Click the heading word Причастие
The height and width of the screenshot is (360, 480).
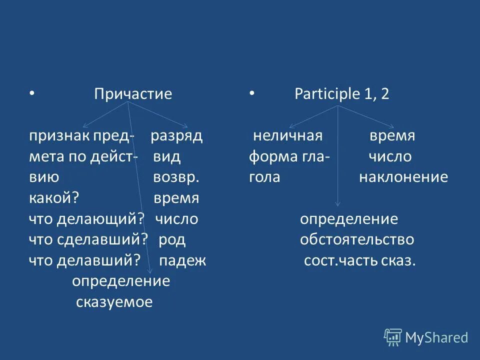click(133, 94)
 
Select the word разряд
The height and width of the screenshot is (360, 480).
click(176, 136)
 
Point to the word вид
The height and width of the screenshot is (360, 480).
click(167, 157)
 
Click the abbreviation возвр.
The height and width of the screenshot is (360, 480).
click(176, 177)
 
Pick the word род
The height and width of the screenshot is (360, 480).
click(172, 239)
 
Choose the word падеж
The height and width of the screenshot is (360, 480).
click(182, 260)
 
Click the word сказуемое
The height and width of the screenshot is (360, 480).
click(114, 302)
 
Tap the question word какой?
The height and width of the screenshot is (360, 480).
click(54, 198)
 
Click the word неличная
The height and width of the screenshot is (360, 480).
click(287, 136)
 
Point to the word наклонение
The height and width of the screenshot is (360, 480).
click(403, 177)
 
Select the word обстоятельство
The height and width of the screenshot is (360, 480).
click(357, 239)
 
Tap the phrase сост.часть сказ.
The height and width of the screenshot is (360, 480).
click(360, 260)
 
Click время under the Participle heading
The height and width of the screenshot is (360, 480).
click(392, 136)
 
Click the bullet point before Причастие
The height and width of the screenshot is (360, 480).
click(31, 93)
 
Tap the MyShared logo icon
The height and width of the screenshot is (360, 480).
click(393, 337)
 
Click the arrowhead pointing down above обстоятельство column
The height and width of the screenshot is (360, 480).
click(338, 203)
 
